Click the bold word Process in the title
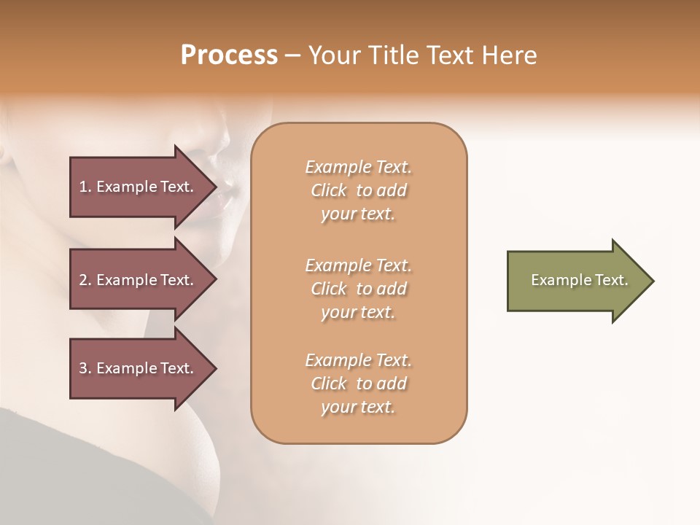click(x=229, y=55)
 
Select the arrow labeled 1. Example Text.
click(x=139, y=187)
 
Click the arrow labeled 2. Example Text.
click(x=139, y=280)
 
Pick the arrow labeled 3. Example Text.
click(x=139, y=368)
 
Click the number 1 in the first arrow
click(x=83, y=187)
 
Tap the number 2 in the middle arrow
click(x=83, y=280)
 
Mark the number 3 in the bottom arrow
click(x=83, y=368)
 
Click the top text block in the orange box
click(x=359, y=190)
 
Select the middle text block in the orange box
click(x=359, y=289)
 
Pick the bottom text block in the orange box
click(x=359, y=384)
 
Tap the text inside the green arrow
click(x=580, y=280)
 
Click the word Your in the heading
click(x=332, y=55)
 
